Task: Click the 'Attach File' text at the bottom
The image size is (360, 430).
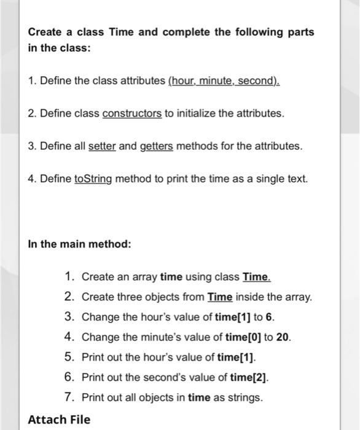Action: pos(59,420)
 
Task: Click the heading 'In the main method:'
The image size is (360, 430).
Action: pos(79,244)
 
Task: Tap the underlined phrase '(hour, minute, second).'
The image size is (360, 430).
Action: pos(224,81)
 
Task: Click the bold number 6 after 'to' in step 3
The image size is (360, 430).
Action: pos(271,317)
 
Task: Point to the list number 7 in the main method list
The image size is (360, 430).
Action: pos(69,397)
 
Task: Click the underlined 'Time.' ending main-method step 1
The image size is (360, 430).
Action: pos(257,277)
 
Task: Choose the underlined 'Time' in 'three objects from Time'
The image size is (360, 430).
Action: pos(220,297)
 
